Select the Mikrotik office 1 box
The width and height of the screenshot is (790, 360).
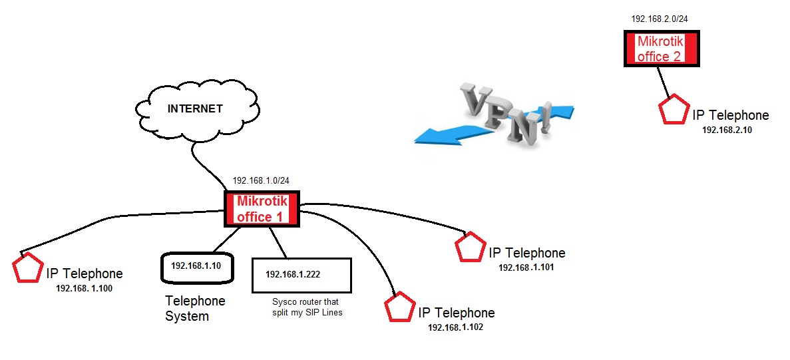[262, 209]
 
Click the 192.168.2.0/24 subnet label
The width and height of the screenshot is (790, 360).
[660, 19]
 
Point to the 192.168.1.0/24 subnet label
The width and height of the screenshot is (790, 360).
[261, 181]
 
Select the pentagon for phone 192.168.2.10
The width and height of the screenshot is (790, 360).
[674, 110]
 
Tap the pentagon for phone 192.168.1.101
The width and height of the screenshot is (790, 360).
[471, 247]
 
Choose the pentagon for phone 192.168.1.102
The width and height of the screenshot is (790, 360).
[401, 307]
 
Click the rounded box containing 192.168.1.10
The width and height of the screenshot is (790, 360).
[192, 266]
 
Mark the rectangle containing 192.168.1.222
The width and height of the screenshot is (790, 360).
[301, 275]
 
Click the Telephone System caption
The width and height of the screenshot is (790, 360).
[195, 308]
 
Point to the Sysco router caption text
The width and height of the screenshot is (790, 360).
[306, 307]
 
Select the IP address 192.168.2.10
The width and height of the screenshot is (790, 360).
[727, 130]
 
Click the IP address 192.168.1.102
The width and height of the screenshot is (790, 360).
[456, 328]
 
